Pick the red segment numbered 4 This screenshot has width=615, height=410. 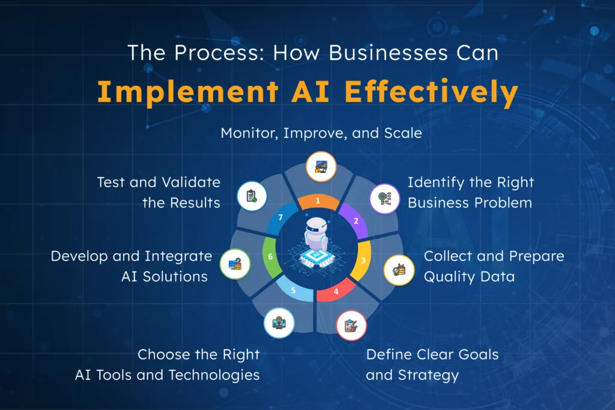click(336, 291)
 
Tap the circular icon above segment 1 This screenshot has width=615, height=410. click(321, 166)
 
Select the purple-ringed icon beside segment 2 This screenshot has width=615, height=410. click(384, 198)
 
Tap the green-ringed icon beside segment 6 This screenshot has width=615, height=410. click(235, 264)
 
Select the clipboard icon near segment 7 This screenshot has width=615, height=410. click(252, 196)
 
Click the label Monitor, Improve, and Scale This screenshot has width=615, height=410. click(321, 133)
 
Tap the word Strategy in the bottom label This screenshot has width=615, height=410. click(429, 375)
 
